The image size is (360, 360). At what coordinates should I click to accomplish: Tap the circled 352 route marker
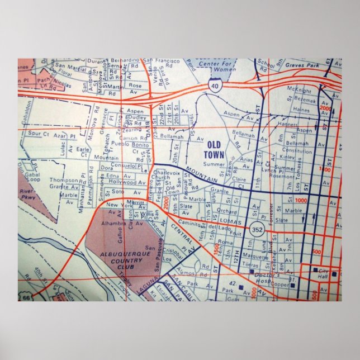tap(258, 229)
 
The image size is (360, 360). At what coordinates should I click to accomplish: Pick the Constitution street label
tap(297, 151)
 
